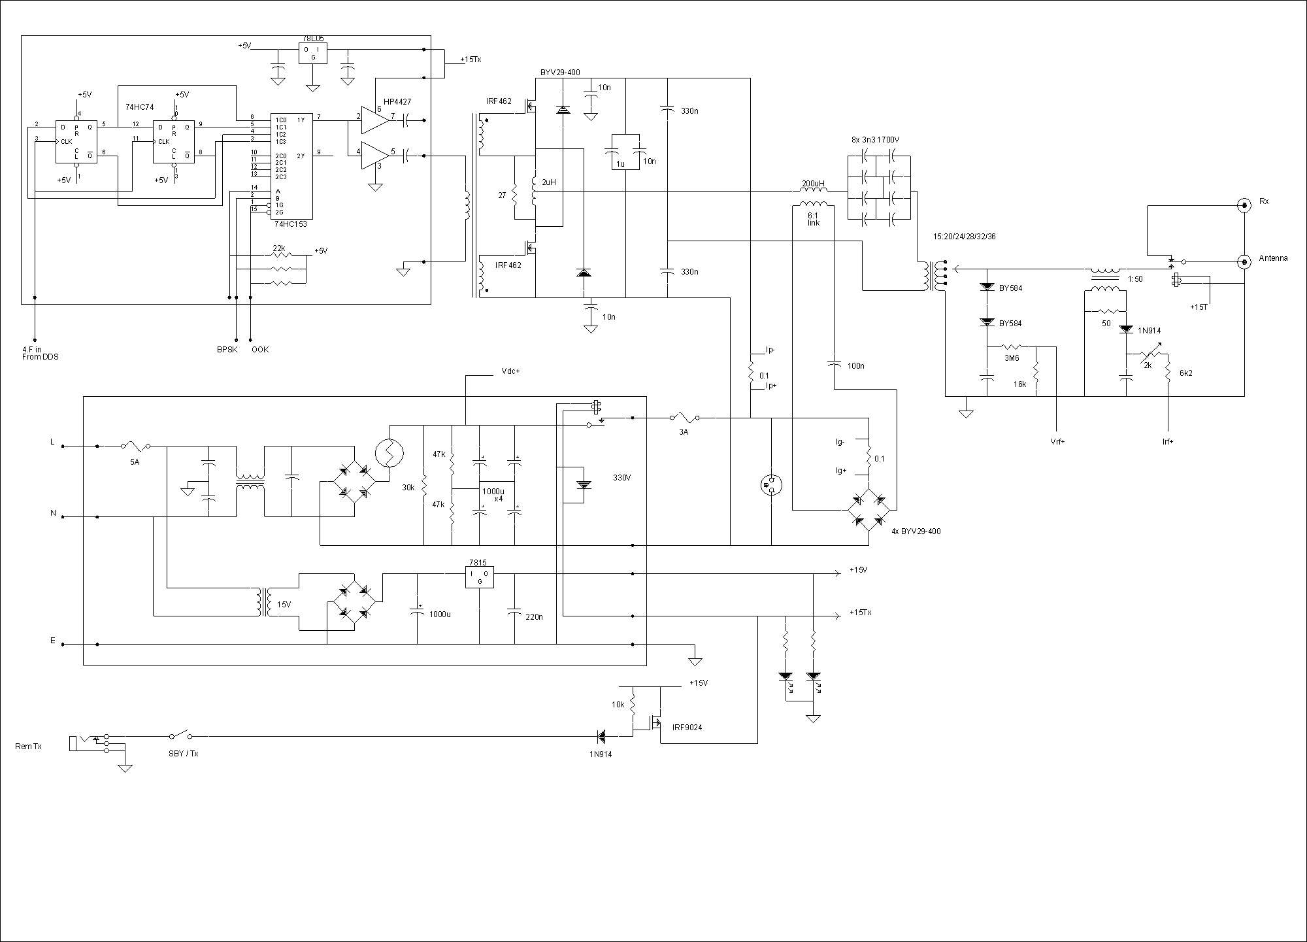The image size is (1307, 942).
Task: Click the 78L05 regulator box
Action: point(313,54)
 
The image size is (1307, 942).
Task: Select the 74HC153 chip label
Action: point(290,224)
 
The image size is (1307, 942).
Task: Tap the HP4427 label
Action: point(397,102)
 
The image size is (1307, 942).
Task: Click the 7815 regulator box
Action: point(479,577)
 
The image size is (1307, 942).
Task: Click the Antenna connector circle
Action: point(1244,260)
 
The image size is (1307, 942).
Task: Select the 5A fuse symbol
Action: point(135,446)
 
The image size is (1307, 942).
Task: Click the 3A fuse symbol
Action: point(684,417)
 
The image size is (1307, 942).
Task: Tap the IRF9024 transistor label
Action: point(687,727)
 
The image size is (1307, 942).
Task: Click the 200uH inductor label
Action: point(813,184)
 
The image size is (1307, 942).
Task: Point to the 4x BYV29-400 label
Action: point(916,531)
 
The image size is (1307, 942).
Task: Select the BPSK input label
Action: point(227,349)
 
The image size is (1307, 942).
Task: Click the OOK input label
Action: point(260,349)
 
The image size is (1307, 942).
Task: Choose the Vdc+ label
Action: point(510,371)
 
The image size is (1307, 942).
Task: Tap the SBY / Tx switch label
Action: point(183,754)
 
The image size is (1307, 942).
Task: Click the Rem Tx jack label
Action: point(28,746)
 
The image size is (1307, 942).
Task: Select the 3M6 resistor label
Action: point(1012,358)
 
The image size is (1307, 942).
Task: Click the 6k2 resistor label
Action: point(1186,373)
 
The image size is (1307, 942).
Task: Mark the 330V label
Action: point(622,478)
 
